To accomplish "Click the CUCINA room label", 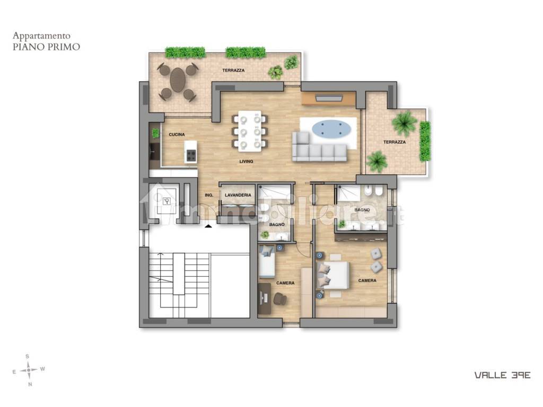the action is [177, 134].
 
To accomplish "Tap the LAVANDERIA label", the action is [238, 195].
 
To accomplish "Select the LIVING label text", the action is [246, 161].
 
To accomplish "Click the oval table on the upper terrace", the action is [178, 79].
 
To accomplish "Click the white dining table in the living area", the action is [250, 131].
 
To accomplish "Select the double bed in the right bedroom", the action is [332, 275].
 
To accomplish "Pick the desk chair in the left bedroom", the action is [280, 299].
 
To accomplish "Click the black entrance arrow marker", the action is [208, 226].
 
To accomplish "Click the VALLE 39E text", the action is [502, 375].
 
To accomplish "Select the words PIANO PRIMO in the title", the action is [47, 47].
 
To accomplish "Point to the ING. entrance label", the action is [209, 196].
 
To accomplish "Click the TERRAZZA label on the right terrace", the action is [395, 142].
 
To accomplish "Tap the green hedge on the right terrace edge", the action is [425, 141].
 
